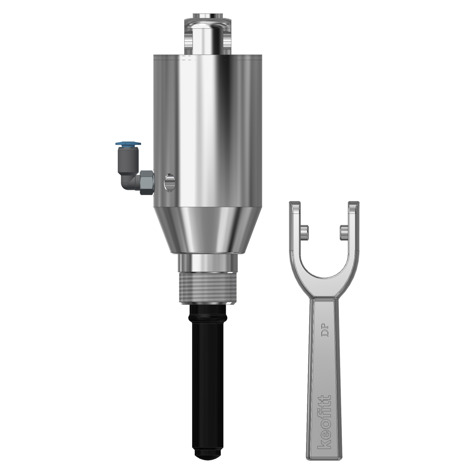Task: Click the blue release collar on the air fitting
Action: point(128,144)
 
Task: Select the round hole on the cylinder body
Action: point(169,182)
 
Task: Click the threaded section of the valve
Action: point(208,287)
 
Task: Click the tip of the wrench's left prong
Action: point(294,203)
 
